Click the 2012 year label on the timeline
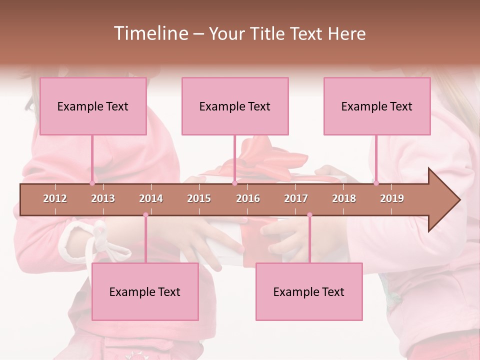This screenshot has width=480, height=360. [55, 198]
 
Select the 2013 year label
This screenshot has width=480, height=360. [103, 198]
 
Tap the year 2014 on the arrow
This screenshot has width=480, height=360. [151, 198]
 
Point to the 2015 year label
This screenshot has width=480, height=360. [199, 198]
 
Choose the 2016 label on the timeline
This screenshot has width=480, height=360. [248, 198]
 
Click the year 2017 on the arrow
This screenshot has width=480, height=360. [296, 198]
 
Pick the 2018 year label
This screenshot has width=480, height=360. [344, 198]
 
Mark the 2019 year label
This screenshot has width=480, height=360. [392, 198]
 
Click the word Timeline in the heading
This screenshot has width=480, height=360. [150, 33]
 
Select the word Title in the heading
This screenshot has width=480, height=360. [266, 33]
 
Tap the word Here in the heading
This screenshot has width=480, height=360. [346, 33]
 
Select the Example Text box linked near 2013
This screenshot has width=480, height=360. [93, 106]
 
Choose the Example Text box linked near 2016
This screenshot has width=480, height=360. [235, 106]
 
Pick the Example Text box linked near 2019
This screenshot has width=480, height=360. [377, 106]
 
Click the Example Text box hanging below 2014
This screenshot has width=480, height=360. [145, 291]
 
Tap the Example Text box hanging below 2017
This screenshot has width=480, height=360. [309, 291]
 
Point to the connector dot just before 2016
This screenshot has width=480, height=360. [234, 183]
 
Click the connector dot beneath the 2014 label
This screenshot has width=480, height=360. [145, 215]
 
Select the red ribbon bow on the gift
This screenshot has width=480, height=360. [265, 155]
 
